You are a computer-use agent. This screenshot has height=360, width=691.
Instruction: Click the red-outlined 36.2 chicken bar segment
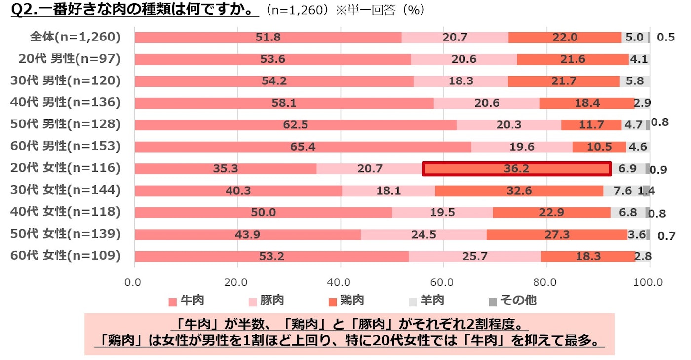(x=517, y=169)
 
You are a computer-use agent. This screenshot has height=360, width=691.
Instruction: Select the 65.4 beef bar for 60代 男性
(x=303, y=147)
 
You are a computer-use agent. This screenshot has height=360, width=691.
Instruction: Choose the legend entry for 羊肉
(x=427, y=300)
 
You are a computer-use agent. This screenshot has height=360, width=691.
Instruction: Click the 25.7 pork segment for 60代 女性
(x=474, y=256)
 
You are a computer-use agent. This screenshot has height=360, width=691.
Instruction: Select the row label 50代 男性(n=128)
(x=66, y=124)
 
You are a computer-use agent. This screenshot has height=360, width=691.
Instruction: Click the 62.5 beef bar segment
(x=295, y=125)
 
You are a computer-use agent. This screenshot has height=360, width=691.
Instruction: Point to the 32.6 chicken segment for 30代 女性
(x=519, y=191)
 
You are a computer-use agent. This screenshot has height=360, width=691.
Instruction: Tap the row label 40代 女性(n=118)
(x=66, y=212)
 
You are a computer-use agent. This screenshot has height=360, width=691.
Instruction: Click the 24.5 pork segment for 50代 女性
(x=423, y=235)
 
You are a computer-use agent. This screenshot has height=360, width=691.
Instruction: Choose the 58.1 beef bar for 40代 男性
(x=284, y=103)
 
